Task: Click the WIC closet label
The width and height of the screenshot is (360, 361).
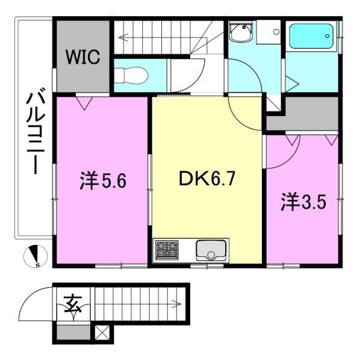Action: tap(83, 57)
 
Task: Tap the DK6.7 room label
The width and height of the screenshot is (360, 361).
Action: tap(207, 179)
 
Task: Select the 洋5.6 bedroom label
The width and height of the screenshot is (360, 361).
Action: tap(103, 181)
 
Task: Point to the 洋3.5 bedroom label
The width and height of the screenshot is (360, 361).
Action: tap(303, 202)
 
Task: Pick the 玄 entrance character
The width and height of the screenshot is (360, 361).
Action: tap(73, 304)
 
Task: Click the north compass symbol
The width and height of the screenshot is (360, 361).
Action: tap(36, 256)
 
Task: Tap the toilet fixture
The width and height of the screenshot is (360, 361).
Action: tap(131, 75)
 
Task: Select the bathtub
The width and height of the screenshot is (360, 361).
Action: tap(311, 36)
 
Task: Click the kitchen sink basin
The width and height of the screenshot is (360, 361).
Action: tap(211, 250)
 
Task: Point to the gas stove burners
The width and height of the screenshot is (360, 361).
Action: tap(167, 250)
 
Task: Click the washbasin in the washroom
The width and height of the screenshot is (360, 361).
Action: tap(241, 31)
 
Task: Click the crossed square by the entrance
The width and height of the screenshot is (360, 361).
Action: tap(101, 333)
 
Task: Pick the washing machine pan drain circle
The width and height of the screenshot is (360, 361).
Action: tap(276, 32)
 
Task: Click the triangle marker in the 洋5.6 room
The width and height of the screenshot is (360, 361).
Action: tap(84, 103)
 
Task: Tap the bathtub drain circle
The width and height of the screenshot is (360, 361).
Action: tap(327, 36)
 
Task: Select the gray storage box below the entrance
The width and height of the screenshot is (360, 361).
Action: tap(73, 332)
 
